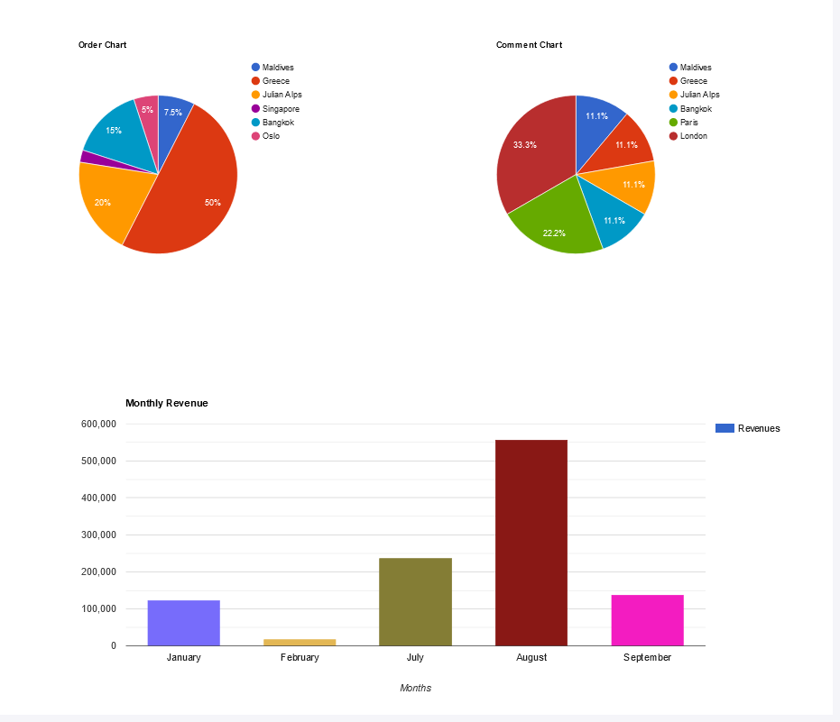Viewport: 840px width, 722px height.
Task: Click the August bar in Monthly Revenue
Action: [531, 543]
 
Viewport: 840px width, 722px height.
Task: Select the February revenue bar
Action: [300, 642]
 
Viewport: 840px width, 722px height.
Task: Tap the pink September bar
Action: [647, 620]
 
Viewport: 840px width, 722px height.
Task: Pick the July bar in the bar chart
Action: [415, 601]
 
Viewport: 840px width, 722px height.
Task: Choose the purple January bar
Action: [184, 623]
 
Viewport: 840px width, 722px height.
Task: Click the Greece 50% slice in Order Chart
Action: [194, 189]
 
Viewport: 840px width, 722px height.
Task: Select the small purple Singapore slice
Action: [88, 158]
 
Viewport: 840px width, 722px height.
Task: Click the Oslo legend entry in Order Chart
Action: [271, 136]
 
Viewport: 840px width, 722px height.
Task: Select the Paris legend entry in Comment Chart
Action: [688, 123]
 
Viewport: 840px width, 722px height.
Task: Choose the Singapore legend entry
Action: [281, 109]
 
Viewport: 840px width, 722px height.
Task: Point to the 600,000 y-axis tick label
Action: [98, 424]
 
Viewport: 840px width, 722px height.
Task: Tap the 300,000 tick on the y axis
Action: [98, 535]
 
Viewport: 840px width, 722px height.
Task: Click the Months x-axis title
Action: [415, 688]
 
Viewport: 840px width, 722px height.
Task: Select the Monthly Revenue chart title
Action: [167, 403]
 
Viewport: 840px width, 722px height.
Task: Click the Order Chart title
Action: [102, 45]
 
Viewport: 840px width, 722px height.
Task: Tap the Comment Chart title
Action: [529, 45]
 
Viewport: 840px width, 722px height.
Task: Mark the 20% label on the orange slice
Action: [103, 203]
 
